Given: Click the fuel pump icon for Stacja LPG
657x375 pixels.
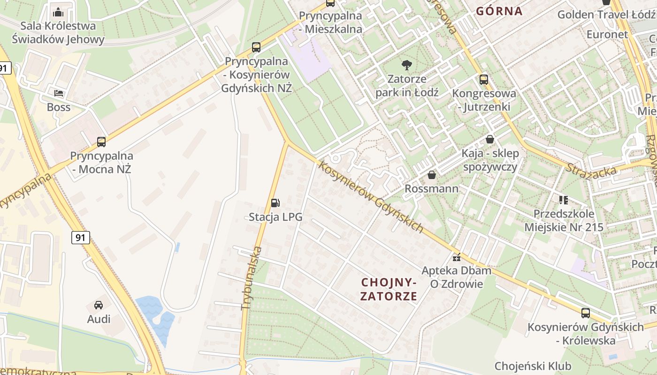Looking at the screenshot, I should pyautogui.click(x=275, y=203).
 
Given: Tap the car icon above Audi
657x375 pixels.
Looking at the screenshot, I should pyautogui.click(x=99, y=305).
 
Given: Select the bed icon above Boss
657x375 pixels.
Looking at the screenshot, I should pyautogui.click(x=59, y=93).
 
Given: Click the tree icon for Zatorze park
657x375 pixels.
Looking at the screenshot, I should pyautogui.click(x=407, y=65).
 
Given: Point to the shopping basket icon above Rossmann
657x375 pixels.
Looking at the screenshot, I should pyautogui.click(x=432, y=175).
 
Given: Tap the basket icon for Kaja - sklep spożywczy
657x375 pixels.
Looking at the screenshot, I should pyautogui.click(x=490, y=139).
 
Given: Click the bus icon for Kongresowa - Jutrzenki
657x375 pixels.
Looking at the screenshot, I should pyautogui.click(x=484, y=80).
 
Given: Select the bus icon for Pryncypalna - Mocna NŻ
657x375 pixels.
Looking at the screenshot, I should pyautogui.click(x=101, y=142).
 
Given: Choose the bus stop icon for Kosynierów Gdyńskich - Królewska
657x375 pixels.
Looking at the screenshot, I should pyautogui.click(x=586, y=313).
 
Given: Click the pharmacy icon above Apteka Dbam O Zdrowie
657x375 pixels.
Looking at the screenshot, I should pyautogui.click(x=457, y=257).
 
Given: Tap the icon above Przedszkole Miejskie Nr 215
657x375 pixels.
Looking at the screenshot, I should pyautogui.click(x=564, y=200).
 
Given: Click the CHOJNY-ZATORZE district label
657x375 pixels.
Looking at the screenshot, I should pyautogui.click(x=389, y=289).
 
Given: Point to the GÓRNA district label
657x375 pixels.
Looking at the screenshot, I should pyautogui.click(x=499, y=11).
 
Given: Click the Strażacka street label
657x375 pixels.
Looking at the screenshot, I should pyautogui.click(x=591, y=170).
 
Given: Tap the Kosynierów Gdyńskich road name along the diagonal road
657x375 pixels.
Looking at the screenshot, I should pyautogui.click(x=371, y=197).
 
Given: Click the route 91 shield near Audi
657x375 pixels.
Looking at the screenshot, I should pyautogui.click(x=81, y=238).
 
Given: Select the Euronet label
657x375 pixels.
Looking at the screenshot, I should pyautogui.click(x=607, y=34).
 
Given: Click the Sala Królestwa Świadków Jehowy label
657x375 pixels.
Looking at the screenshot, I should pyautogui.click(x=58, y=32).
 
